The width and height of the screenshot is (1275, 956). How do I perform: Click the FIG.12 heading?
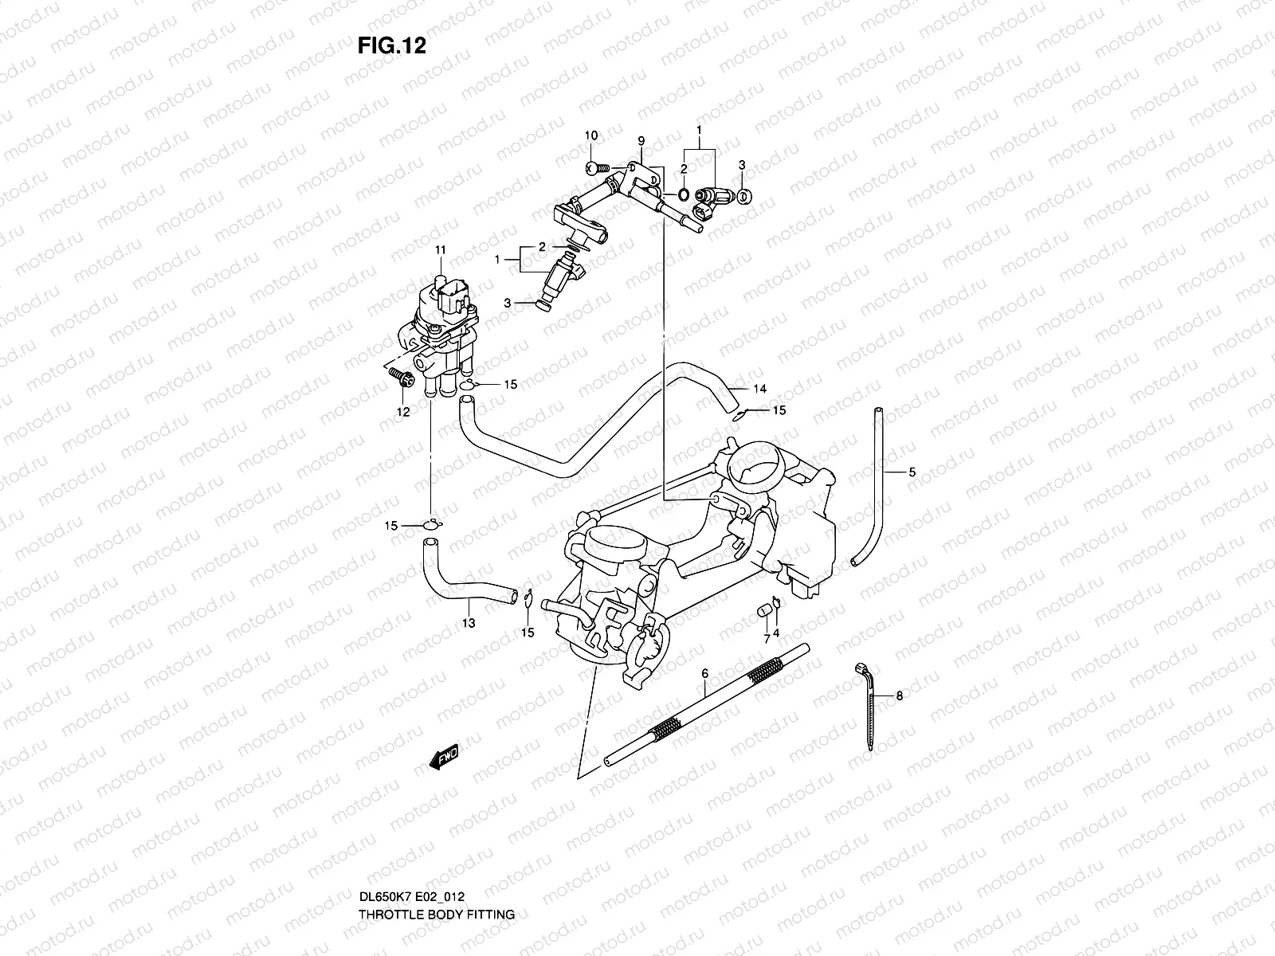(391, 46)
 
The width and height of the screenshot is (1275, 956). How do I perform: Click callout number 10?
(590, 135)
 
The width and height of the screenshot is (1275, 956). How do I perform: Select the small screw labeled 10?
(597, 167)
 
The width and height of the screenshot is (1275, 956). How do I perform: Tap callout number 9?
(641, 141)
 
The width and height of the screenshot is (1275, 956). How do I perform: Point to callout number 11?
(439, 250)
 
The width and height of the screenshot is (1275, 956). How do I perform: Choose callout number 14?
(760, 389)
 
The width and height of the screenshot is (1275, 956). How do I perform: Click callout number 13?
(469, 623)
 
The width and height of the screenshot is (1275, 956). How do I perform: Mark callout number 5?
(912, 472)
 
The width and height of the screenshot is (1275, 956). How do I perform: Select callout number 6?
(704, 673)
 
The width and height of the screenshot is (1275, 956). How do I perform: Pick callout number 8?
(899, 695)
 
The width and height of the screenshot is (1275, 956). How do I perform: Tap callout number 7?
(767, 639)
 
